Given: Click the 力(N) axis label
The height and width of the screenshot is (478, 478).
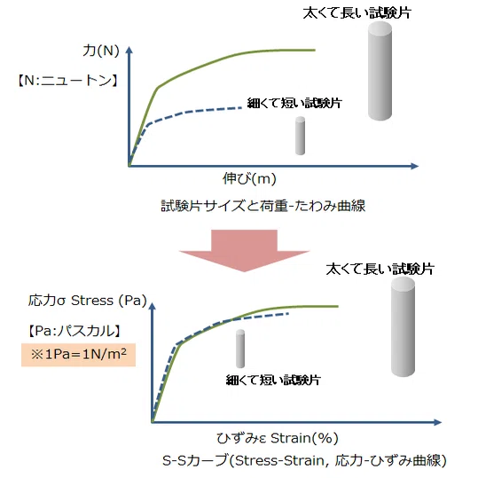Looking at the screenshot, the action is pyautogui.click(x=101, y=51).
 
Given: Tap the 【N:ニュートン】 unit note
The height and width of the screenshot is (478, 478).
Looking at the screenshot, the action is pyautogui.click(x=67, y=81).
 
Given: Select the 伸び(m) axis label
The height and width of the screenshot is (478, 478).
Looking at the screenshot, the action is pyautogui.click(x=249, y=178).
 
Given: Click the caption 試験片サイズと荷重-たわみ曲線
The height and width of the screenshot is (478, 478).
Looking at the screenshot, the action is pyautogui.click(x=263, y=206).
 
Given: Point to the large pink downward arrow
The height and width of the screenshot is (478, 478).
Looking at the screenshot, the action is pyautogui.click(x=245, y=250).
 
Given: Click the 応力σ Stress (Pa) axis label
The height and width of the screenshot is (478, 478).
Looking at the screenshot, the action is pyautogui.click(x=88, y=301).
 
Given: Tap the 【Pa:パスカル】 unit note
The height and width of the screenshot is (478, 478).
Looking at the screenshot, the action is pyautogui.click(x=74, y=331).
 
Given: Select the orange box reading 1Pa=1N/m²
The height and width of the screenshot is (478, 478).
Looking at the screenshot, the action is pyautogui.click(x=78, y=355).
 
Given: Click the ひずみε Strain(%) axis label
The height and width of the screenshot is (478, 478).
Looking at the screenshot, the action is pyautogui.click(x=278, y=438).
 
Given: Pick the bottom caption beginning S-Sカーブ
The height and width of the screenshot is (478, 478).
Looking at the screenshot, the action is pyautogui.click(x=304, y=460).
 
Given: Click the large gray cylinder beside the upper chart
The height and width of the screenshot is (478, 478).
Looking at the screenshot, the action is pyautogui.click(x=380, y=71).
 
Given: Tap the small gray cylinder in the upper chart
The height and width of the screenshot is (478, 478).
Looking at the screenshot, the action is pyautogui.click(x=301, y=136).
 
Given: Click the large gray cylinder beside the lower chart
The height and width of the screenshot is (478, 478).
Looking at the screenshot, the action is pyautogui.click(x=403, y=326).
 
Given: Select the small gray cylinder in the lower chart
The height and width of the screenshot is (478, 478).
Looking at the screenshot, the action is pyautogui.click(x=240, y=349).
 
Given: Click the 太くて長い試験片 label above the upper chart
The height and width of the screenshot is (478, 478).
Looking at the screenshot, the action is pyautogui.click(x=357, y=12).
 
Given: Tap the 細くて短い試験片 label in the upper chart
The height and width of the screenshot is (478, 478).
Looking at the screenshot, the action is pyautogui.click(x=294, y=103).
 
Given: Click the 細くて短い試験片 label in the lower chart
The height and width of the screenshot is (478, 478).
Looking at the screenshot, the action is pyautogui.click(x=273, y=380).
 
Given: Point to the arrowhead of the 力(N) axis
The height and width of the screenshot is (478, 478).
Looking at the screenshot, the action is pyautogui.click(x=129, y=50).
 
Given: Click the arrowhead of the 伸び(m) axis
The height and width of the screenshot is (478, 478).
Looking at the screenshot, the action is pyautogui.click(x=415, y=166).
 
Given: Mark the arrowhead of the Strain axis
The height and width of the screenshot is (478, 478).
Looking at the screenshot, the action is pyautogui.click(x=438, y=422).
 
